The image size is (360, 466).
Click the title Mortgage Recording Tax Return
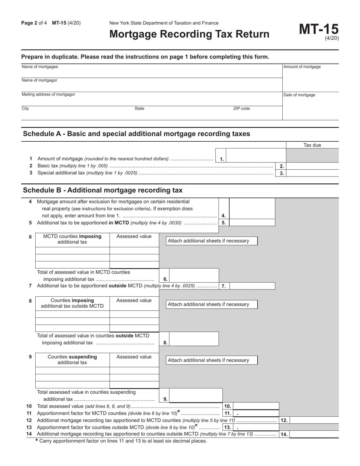coord(189,34)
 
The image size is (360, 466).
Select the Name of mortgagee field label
coord(40,67)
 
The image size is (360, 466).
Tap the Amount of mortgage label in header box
coord(302,67)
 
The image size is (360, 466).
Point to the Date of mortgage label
coord(299,95)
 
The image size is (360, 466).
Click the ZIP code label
coord(241,109)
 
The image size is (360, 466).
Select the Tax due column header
coord(312,145)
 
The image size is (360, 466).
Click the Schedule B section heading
coord(103,190)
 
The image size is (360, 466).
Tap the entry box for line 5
coord(252,223)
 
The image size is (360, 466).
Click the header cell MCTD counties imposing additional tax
coord(72,239)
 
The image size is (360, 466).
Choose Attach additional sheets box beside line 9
coord(211,360)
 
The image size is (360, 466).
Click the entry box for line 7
coord(252,286)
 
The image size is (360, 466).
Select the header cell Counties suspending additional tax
coord(72,360)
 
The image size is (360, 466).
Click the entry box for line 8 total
coord(194,339)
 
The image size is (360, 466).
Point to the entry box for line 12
coord(314,420)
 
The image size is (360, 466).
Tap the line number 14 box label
coord(284,435)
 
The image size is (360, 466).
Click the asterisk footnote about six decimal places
coord(121,441)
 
